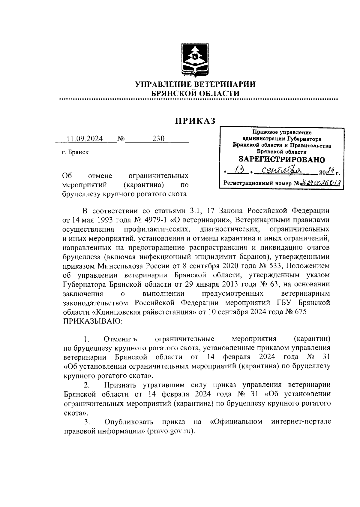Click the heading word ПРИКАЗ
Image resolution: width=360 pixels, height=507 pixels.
point(195,121)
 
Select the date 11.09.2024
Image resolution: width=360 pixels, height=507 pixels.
point(85,139)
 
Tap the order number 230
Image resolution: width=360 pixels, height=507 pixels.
point(158,139)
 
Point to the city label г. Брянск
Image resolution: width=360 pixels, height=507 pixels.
point(75,152)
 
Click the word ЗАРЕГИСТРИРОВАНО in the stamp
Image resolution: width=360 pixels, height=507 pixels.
point(281,159)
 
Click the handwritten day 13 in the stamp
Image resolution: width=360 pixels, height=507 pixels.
point(240,172)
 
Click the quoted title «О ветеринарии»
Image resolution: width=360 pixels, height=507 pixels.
point(200,220)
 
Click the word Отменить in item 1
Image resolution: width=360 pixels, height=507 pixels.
point(120,339)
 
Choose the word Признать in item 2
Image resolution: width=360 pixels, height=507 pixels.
point(121,385)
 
